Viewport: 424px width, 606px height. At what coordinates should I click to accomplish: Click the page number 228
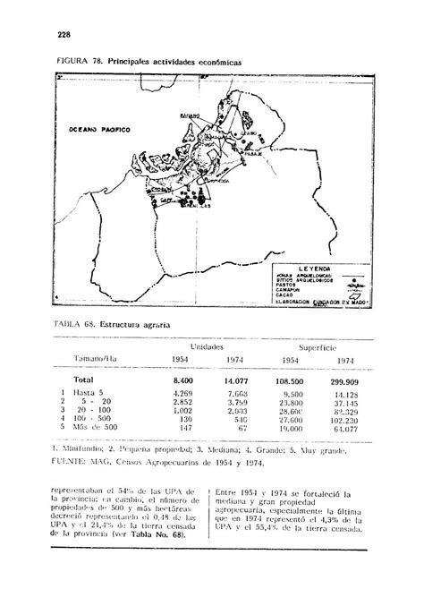[64, 36]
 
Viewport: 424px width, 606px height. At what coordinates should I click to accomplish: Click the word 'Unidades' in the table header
[207, 345]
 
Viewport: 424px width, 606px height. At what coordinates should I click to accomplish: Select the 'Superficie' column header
[318, 345]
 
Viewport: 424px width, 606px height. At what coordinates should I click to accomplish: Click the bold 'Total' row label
[85, 380]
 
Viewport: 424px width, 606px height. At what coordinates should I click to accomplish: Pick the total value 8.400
[182, 380]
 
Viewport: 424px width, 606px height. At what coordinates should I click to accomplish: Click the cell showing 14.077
[237, 380]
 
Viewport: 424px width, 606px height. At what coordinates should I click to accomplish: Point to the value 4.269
[182, 394]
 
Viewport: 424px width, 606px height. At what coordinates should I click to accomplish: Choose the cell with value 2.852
[182, 405]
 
